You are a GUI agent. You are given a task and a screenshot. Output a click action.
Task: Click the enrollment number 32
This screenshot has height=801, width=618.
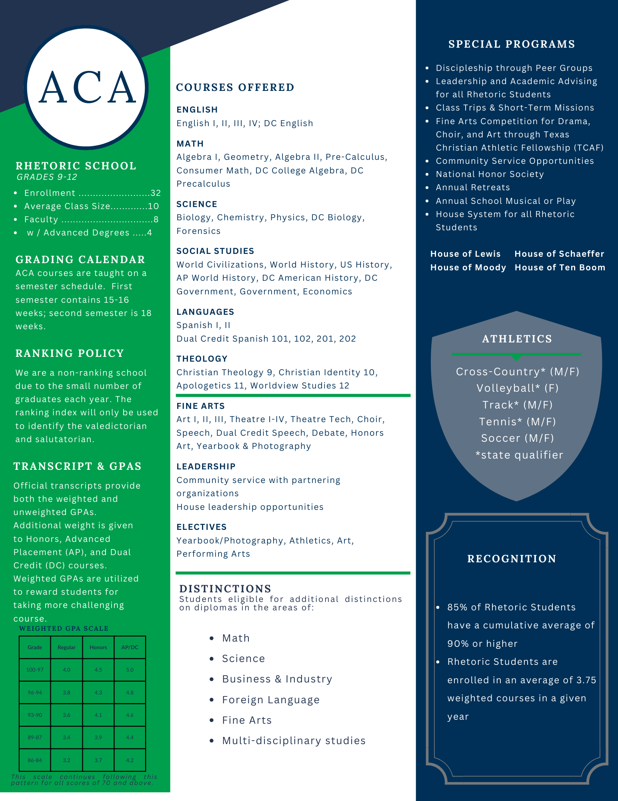(x=155, y=193)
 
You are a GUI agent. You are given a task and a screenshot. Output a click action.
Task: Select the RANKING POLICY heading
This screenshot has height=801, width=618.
(x=70, y=353)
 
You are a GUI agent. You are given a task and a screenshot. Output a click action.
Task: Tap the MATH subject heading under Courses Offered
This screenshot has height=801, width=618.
(x=190, y=143)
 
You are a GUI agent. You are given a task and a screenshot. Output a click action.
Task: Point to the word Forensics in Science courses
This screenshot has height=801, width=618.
(x=198, y=231)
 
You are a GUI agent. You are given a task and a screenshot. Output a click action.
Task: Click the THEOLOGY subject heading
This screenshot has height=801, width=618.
(x=202, y=359)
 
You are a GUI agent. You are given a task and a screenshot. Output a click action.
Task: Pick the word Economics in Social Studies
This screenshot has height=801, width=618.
(x=327, y=292)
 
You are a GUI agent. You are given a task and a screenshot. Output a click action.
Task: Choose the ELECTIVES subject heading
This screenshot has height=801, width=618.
(x=202, y=527)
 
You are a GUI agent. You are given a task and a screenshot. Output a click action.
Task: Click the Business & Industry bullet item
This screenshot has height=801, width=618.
(x=277, y=679)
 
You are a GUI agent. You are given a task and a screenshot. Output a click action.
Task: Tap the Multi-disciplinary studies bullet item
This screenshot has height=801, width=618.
(x=294, y=741)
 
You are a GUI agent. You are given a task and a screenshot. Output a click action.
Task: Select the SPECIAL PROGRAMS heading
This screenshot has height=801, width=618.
(x=512, y=44)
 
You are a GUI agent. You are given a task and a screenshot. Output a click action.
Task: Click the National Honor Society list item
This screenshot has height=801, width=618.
(x=490, y=174)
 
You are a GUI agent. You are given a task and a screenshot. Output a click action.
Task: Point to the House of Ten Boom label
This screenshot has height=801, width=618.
(x=560, y=268)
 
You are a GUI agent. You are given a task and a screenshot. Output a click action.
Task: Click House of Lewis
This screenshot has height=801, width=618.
(x=465, y=254)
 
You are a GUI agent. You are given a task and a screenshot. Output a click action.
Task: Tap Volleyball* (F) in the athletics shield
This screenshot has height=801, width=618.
(x=517, y=388)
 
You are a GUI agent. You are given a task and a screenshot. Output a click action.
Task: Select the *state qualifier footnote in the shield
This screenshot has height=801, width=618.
(x=519, y=455)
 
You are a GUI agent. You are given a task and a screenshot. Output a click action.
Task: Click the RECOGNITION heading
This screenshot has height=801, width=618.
(x=512, y=559)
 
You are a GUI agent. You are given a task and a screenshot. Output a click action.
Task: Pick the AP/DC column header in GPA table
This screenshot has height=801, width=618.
(x=130, y=648)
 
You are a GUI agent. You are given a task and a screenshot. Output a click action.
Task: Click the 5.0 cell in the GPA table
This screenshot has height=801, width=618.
(x=130, y=670)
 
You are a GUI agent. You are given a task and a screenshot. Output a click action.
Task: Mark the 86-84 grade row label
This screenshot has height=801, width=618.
(x=35, y=760)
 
